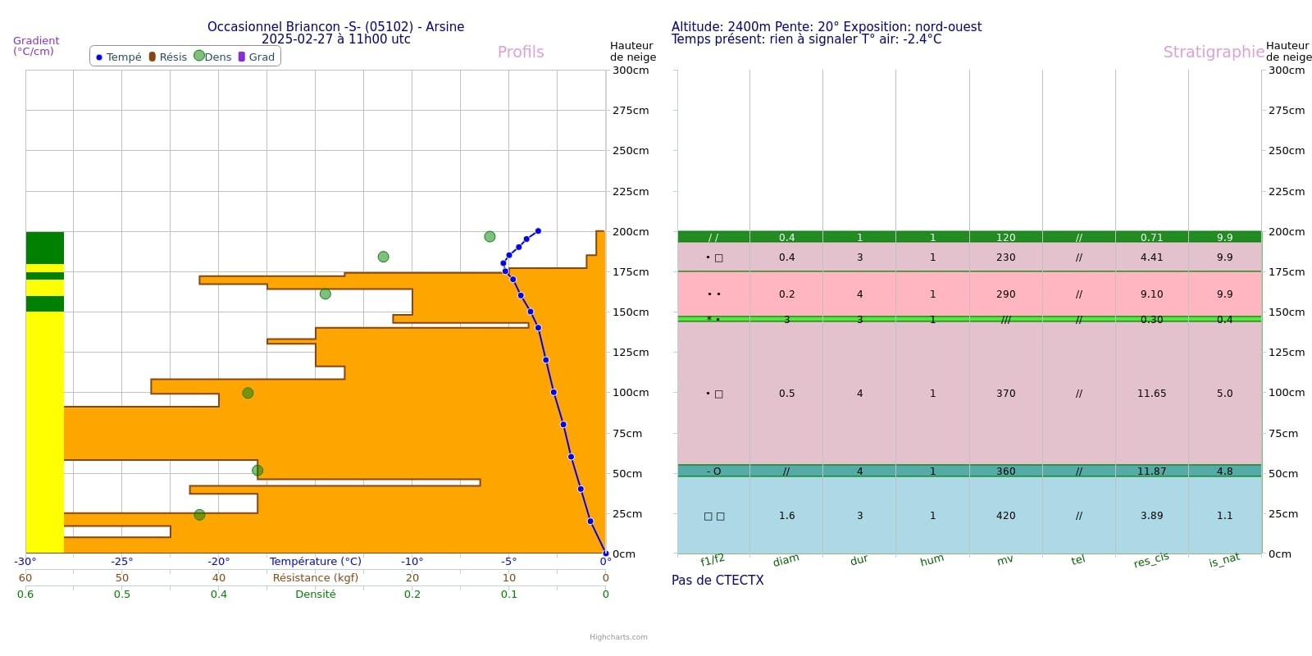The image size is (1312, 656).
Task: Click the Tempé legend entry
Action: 119,57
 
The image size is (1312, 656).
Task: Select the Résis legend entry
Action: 168,57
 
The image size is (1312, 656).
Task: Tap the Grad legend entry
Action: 257,57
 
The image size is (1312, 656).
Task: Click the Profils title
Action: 521,52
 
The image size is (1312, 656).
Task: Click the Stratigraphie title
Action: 1213,52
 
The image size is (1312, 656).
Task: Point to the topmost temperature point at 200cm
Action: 538,231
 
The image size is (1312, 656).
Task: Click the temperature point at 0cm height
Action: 605,553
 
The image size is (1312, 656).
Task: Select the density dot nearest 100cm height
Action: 248,393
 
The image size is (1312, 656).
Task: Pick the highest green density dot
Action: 490,236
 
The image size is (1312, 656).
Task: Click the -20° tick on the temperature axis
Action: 218,562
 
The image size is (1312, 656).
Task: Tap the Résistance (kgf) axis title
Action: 316,578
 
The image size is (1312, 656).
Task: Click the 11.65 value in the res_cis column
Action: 1151,394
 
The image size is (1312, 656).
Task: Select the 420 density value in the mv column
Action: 1005,516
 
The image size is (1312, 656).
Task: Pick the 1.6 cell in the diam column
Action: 786,516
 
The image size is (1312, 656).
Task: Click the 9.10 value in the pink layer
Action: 1151,294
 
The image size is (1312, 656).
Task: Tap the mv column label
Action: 1004,560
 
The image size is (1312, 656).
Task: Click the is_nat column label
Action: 1223,561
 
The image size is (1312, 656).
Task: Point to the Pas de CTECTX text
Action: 717,581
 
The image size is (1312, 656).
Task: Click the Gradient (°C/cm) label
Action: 35,46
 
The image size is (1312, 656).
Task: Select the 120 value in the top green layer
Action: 1005,238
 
